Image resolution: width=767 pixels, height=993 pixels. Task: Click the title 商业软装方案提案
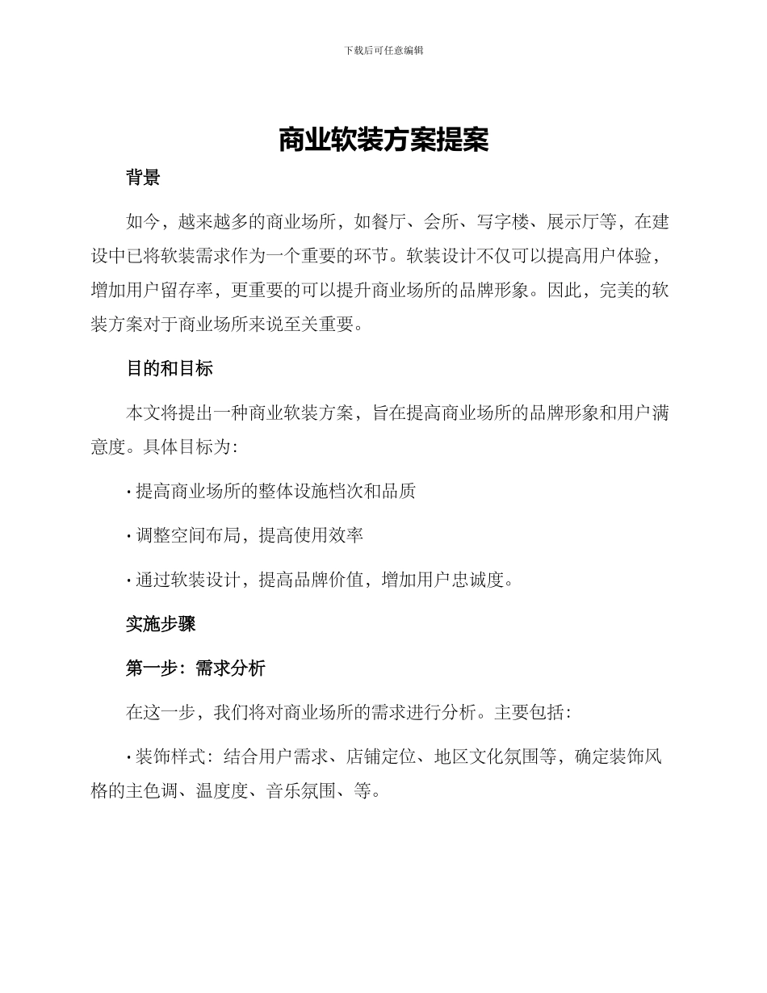point(383,140)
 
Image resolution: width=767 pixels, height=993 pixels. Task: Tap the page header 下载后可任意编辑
point(383,50)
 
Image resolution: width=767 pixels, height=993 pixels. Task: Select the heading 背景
point(143,178)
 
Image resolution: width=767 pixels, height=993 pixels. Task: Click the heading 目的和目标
point(169,369)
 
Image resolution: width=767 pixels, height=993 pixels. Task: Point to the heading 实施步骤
point(160,624)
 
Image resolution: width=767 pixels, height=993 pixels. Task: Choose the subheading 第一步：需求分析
point(195,668)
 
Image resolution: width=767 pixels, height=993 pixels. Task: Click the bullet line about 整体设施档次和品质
point(275,490)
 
